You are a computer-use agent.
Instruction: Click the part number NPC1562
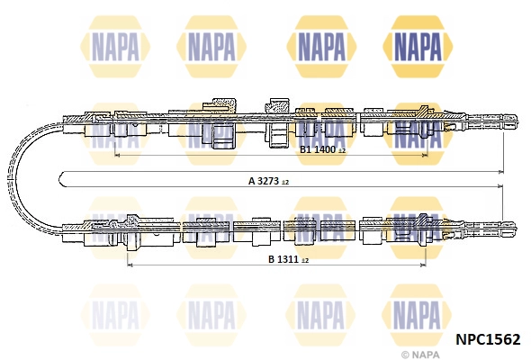[x=488, y=339]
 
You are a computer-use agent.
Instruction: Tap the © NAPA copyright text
[x=420, y=355]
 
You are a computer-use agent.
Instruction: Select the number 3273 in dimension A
[x=268, y=181]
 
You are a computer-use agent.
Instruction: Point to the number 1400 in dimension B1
[x=325, y=149]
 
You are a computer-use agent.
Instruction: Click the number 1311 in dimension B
[x=288, y=259]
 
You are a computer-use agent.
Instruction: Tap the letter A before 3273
[x=252, y=181]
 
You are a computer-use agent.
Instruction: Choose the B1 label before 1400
[x=306, y=149]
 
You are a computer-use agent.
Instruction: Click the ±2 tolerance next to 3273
[x=285, y=182]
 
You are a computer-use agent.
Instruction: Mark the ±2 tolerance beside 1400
[x=341, y=150]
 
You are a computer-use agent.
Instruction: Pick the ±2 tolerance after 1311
[x=305, y=261]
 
